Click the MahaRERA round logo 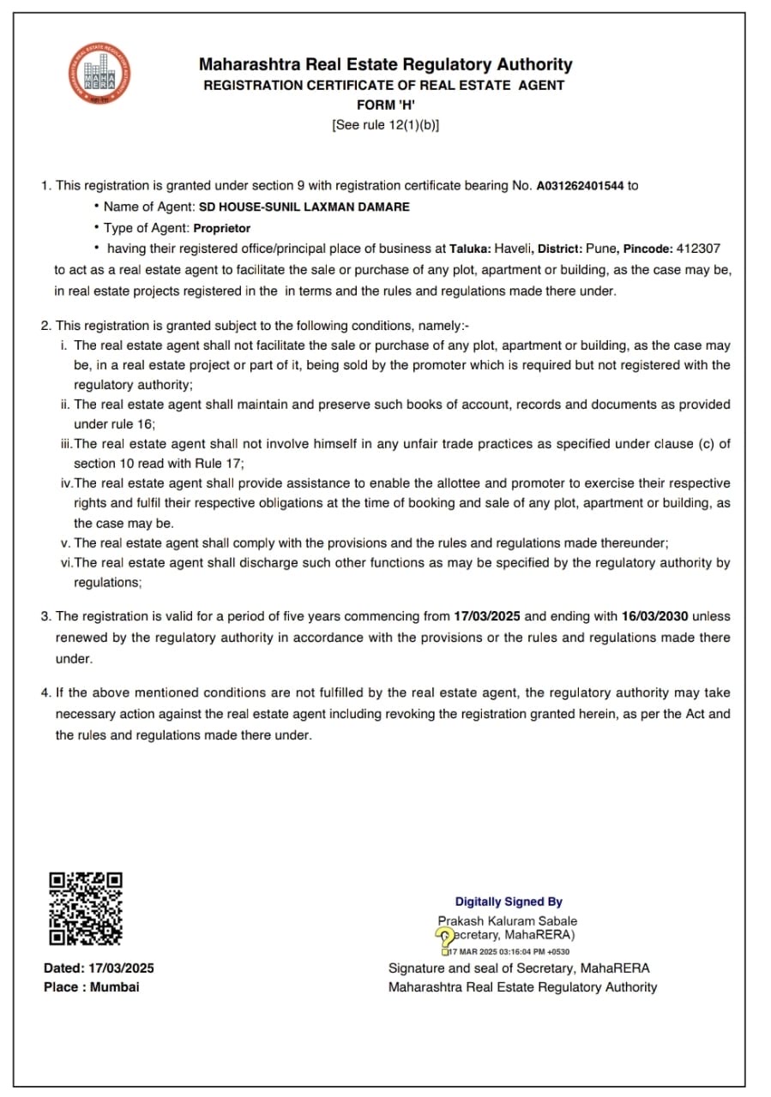(x=101, y=74)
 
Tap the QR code (x=86, y=908)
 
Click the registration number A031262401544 (x=581, y=185)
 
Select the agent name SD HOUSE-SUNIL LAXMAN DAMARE (x=304, y=207)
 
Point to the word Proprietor (x=222, y=228)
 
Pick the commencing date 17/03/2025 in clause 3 (x=487, y=616)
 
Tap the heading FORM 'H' (x=386, y=105)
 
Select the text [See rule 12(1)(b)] (x=386, y=125)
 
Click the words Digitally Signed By (x=509, y=902)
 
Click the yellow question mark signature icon (x=444, y=937)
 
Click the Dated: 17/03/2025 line (x=99, y=968)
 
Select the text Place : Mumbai (x=91, y=987)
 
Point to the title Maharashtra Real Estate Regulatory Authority (x=385, y=64)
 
